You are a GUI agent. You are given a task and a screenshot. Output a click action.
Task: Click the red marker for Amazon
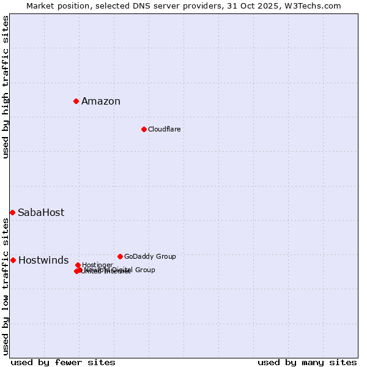click(x=76, y=101)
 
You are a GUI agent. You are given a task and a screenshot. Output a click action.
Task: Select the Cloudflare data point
click(x=144, y=129)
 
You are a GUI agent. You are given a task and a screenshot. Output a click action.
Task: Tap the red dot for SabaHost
click(x=12, y=212)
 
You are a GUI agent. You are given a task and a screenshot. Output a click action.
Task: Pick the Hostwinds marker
click(x=13, y=260)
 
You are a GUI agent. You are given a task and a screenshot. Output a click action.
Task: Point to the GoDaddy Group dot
click(x=120, y=256)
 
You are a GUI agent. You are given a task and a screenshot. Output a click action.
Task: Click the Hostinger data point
click(x=78, y=265)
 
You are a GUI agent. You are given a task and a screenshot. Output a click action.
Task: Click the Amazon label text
click(x=101, y=102)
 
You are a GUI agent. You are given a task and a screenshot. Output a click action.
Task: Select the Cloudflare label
click(x=164, y=130)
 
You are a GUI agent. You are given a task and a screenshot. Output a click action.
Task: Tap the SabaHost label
click(x=41, y=213)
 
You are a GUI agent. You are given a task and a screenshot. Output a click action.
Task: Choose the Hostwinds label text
click(x=43, y=261)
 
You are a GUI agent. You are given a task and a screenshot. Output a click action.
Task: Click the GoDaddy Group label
click(x=150, y=257)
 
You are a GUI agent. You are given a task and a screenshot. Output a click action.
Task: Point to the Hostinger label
click(x=97, y=265)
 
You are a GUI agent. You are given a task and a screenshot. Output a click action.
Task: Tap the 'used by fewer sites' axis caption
click(x=63, y=362)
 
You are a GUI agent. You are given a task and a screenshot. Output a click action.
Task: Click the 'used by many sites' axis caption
click(x=307, y=362)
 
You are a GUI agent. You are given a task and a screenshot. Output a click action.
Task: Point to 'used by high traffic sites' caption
click(x=6, y=87)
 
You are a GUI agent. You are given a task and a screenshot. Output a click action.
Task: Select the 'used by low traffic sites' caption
click(x=6, y=286)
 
